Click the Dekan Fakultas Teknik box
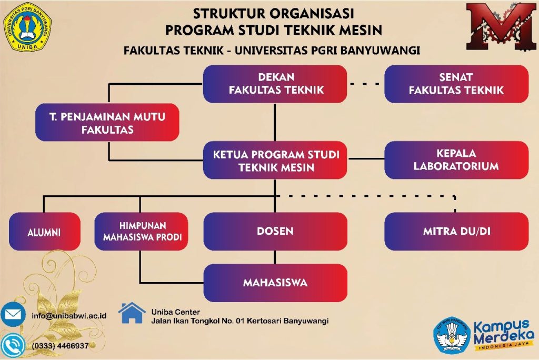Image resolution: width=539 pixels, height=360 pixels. click(275, 84)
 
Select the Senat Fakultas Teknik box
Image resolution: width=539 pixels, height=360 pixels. click(456, 84)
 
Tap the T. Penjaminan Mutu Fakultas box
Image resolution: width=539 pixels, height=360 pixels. click(107, 123)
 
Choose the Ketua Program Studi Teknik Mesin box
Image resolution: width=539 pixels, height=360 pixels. click(275, 160)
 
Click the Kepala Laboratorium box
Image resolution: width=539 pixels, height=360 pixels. click(456, 160)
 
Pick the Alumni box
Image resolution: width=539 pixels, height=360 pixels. click(44, 232)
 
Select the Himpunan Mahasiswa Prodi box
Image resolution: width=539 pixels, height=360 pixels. click(141, 232)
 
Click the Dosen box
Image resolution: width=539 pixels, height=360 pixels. click(275, 232)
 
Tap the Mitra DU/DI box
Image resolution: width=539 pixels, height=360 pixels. click(456, 232)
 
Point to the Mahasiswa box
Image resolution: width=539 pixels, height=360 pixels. click(275, 283)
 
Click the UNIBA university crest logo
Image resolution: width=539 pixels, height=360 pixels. click(27, 27)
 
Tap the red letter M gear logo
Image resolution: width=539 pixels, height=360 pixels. click(501, 26)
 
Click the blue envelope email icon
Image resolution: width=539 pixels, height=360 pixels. click(13, 314)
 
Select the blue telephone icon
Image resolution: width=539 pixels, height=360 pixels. click(13, 346)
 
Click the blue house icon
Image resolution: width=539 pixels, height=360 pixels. click(132, 313)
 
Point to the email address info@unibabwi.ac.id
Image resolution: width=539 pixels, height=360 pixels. click(69, 316)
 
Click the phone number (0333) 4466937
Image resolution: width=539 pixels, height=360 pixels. click(60, 346)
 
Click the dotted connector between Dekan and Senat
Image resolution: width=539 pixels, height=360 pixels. click(365, 84)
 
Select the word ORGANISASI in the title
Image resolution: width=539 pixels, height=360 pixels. click(311, 14)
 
